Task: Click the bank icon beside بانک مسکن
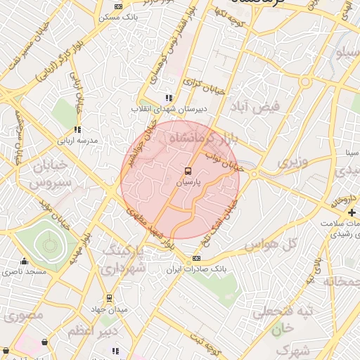(x=117, y=6)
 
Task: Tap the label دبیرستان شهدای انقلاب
(x=168, y=109)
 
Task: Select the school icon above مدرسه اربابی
(x=77, y=129)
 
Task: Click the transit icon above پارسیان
(x=188, y=171)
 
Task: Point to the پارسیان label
(x=188, y=182)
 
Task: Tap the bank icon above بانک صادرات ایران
(x=196, y=259)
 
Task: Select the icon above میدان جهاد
(x=108, y=298)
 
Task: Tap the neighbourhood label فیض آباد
(x=259, y=106)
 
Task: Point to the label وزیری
(x=292, y=163)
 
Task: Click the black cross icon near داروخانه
(x=352, y=212)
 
